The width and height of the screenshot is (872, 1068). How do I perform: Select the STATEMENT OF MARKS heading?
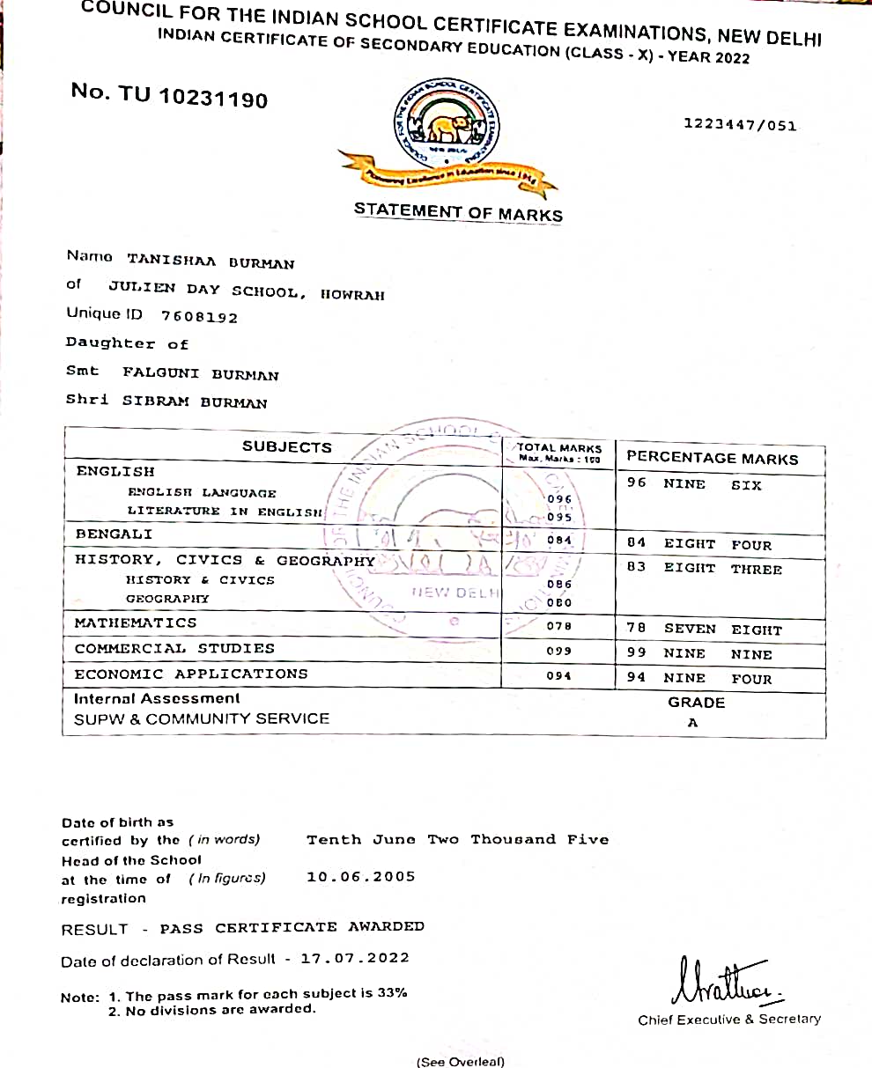click(x=458, y=212)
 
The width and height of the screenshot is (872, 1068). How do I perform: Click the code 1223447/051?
click(x=740, y=125)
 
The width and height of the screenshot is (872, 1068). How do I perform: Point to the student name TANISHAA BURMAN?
click(x=211, y=261)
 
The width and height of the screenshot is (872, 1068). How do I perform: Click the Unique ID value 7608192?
click(x=199, y=317)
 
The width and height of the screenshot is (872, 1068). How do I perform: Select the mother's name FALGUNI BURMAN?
click(x=201, y=374)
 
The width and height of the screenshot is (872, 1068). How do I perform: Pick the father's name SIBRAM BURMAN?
click(x=195, y=402)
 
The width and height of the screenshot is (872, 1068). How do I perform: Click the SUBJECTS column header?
click(x=287, y=447)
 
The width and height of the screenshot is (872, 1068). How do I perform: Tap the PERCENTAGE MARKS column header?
click(x=712, y=458)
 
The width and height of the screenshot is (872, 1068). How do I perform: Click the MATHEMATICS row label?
click(x=136, y=622)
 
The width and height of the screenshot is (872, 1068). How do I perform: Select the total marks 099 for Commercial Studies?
click(x=558, y=651)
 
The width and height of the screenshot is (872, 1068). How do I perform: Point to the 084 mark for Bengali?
click(x=558, y=540)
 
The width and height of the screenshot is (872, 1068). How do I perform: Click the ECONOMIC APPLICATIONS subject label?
click(x=191, y=674)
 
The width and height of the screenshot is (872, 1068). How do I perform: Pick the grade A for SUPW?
click(x=693, y=723)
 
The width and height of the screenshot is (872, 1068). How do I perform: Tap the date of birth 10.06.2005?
click(x=361, y=876)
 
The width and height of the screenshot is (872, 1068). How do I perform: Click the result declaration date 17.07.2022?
click(x=355, y=958)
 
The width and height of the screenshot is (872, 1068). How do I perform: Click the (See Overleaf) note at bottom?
click(x=461, y=1061)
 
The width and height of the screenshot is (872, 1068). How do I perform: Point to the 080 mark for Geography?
click(x=558, y=603)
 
